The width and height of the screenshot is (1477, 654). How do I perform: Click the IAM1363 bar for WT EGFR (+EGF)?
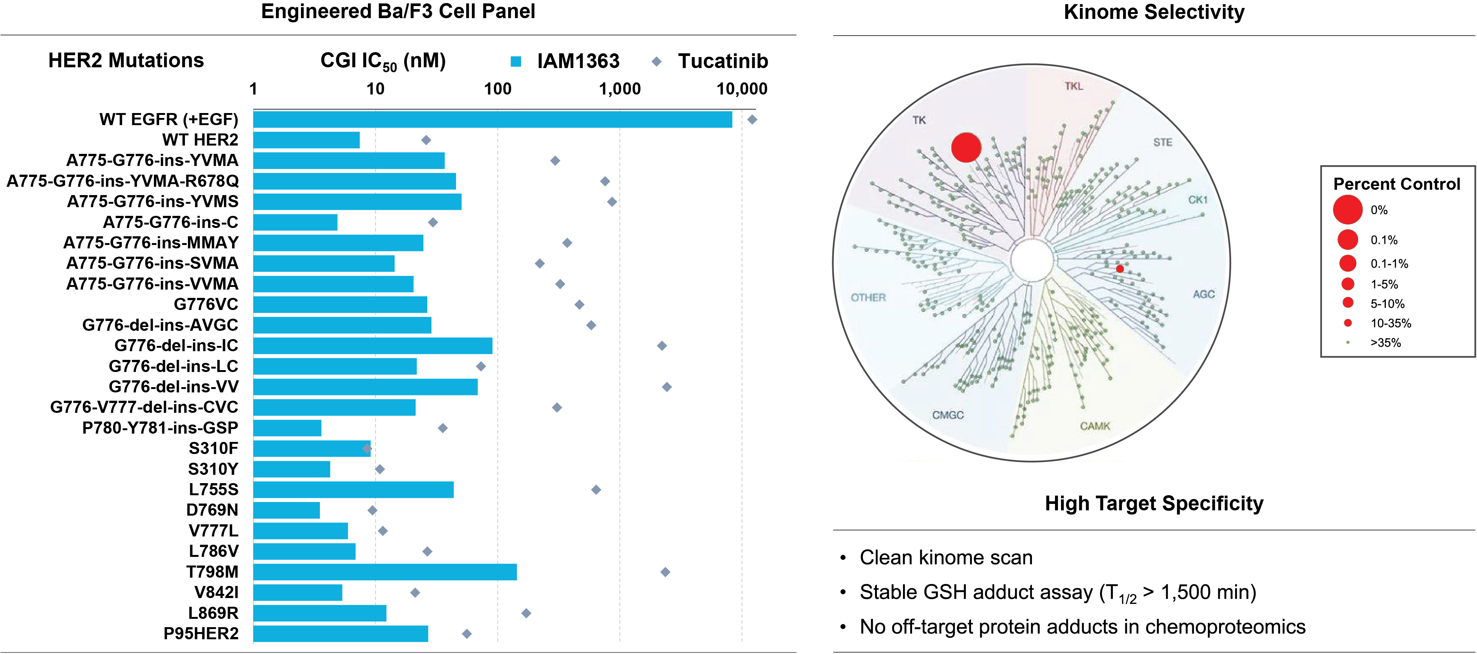(x=493, y=119)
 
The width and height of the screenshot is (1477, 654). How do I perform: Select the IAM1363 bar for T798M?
(x=385, y=572)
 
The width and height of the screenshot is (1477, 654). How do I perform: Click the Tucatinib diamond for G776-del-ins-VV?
(x=667, y=387)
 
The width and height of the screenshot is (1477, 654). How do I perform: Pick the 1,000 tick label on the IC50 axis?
(x=620, y=89)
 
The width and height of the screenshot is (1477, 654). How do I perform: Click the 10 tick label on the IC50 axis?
(x=375, y=89)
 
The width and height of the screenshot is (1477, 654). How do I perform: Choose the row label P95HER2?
(x=201, y=633)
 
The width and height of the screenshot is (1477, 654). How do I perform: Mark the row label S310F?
(x=213, y=448)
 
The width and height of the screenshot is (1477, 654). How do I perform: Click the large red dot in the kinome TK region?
(x=966, y=147)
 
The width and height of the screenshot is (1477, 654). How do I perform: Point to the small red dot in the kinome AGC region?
(x=1120, y=269)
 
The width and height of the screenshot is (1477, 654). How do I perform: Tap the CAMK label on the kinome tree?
(x=1095, y=426)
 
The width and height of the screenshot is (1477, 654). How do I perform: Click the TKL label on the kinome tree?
(x=1074, y=86)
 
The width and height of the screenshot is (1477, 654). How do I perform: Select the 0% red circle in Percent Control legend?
(x=1347, y=210)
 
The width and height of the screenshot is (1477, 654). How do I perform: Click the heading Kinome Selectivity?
(x=1154, y=12)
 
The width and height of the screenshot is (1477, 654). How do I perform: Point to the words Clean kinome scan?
(x=946, y=558)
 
